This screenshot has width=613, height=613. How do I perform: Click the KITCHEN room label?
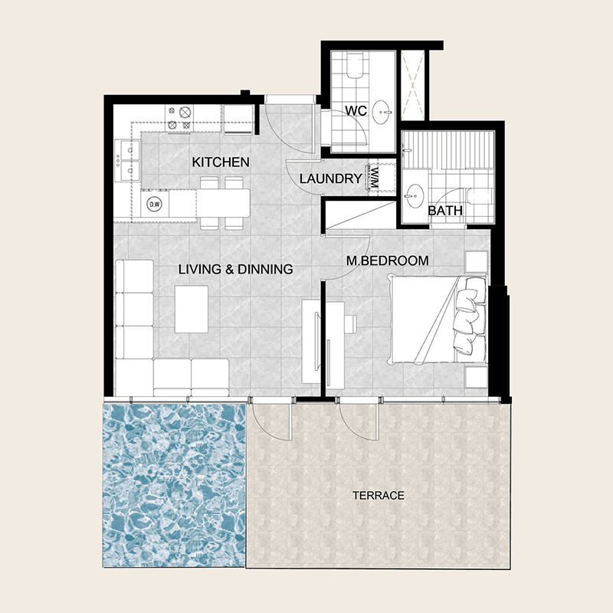pyautogui.click(x=221, y=162)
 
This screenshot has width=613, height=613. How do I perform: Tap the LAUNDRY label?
pyautogui.click(x=331, y=179)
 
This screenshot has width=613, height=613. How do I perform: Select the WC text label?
pyautogui.click(x=356, y=110)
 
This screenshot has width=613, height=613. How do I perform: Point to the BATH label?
pyautogui.click(x=445, y=211)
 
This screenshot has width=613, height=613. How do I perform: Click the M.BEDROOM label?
pyautogui.click(x=388, y=261)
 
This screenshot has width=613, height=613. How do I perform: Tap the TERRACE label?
pyautogui.click(x=379, y=496)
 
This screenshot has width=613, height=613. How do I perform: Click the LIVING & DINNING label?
pyautogui.click(x=236, y=269)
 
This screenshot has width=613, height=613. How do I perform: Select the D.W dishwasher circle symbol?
pyautogui.click(x=155, y=204)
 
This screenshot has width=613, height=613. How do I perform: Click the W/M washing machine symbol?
pyautogui.click(x=375, y=178)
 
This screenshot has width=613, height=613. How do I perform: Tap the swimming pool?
pyautogui.click(x=175, y=485)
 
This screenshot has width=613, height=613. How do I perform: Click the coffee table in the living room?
pyautogui.click(x=191, y=309)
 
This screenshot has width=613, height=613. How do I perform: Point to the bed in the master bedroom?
pyautogui.click(x=438, y=319)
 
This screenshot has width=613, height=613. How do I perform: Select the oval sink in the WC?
pyautogui.click(x=382, y=112)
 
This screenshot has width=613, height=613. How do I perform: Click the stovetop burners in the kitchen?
pyautogui.click(x=180, y=119)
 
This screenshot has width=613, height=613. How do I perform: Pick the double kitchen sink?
pyautogui.click(x=127, y=160)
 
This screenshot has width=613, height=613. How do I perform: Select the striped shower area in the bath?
pyautogui.click(x=449, y=149)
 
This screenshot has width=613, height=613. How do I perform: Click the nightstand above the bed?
pyautogui.click(x=477, y=261)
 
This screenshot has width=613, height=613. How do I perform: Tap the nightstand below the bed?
pyautogui.click(x=477, y=377)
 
